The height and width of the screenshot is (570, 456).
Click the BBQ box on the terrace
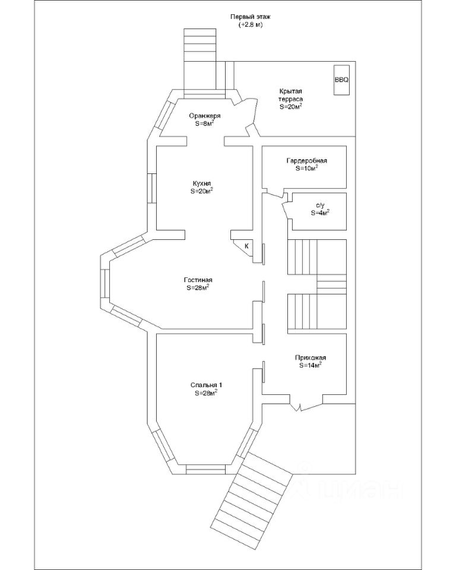[x=341, y=79]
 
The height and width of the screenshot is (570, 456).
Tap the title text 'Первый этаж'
[x=246, y=17]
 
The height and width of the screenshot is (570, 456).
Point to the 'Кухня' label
[x=202, y=183]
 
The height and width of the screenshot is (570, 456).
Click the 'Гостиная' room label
[x=198, y=280]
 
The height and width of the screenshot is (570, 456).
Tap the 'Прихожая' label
[x=311, y=357]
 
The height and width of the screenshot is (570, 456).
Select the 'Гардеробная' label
[x=306, y=161]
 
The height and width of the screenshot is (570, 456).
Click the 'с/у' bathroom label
[x=320, y=204]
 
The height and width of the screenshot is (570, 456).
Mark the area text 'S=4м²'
[x=320, y=212]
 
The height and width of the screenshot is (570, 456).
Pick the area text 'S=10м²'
[x=306, y=169]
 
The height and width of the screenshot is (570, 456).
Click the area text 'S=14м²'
[x=311, y=366]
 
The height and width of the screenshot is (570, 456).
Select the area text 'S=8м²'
[x=204, y=124]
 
